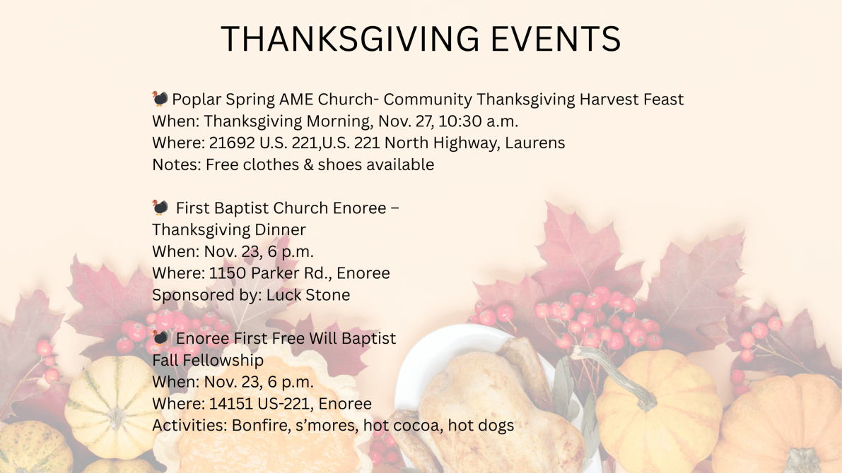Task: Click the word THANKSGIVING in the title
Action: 350,39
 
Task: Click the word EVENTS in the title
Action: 556,39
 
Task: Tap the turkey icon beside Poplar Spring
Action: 160,99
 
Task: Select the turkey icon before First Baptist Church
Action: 160,207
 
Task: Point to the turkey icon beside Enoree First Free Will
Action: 160,337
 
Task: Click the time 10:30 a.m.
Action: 478,121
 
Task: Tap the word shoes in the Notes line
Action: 339,164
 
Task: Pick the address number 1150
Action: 227,273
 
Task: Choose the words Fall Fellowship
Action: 208,360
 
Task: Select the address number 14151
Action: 230,403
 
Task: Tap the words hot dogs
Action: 481,425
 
